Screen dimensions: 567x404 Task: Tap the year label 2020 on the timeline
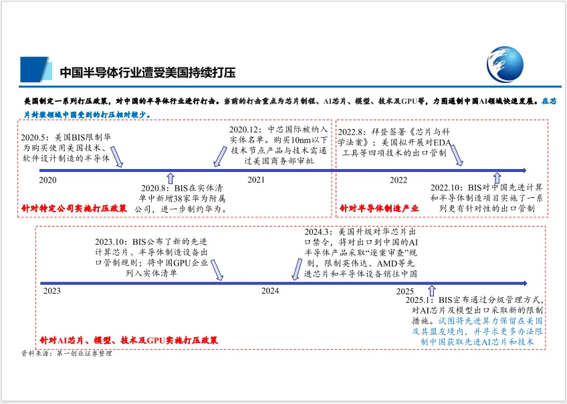pyautogui.click(x=47, y=180)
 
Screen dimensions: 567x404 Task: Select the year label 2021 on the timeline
pyautogui.click(x=255, y=180)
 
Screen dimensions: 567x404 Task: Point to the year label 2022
pyautogui.click(x=399, y=180)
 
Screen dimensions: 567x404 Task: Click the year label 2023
pyautogui.click(x=51, y=291)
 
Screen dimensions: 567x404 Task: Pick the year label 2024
pyautogui.click(x=270, y=291)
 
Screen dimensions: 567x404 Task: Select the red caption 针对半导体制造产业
pyautogui.click(x=374, y=209)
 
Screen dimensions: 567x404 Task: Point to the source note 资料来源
pyautogui.click(x=66, y=353)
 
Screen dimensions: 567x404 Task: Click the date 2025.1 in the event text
pyautogui.click(x=420, y=300)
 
